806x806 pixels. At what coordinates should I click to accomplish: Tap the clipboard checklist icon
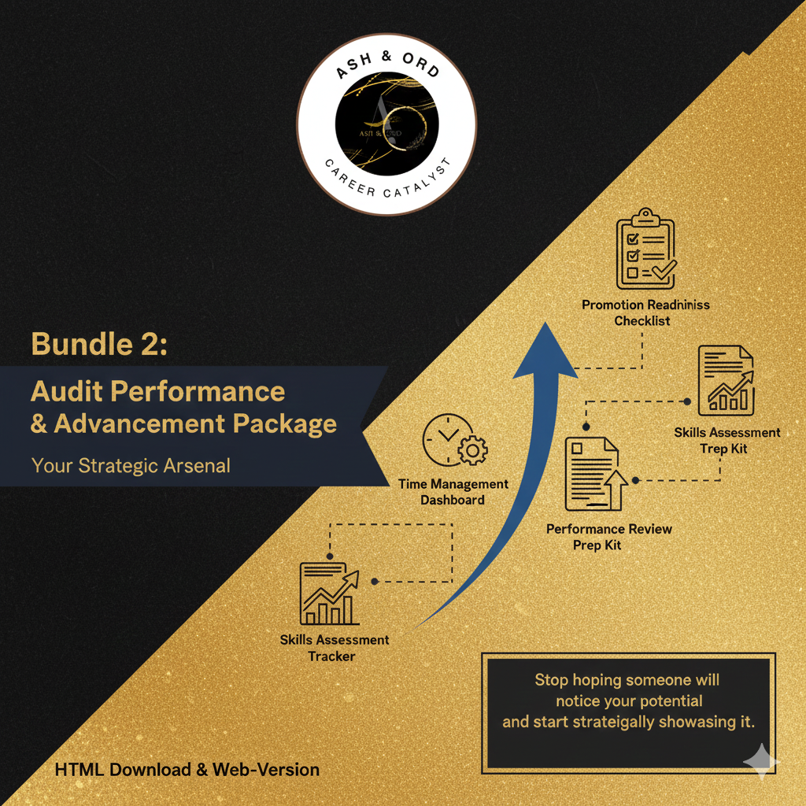[x=645, y=250]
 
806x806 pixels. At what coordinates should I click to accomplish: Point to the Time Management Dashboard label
[x=453, y=492]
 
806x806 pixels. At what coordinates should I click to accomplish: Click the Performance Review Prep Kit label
[x=608, y=537]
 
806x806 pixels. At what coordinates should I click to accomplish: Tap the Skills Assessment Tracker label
[x=334, y=648]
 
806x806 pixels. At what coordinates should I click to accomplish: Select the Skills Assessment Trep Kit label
[x=727, y=440]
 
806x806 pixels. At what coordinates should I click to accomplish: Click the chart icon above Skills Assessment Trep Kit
[x=726, y=381]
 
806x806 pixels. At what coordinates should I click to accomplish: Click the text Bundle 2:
[x=99, y=344]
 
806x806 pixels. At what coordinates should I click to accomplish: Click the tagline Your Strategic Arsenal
[x=131, y=465]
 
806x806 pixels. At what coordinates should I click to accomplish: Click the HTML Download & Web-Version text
[x=187, y=769]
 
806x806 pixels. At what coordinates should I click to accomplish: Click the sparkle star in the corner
[x=761, y=762]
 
